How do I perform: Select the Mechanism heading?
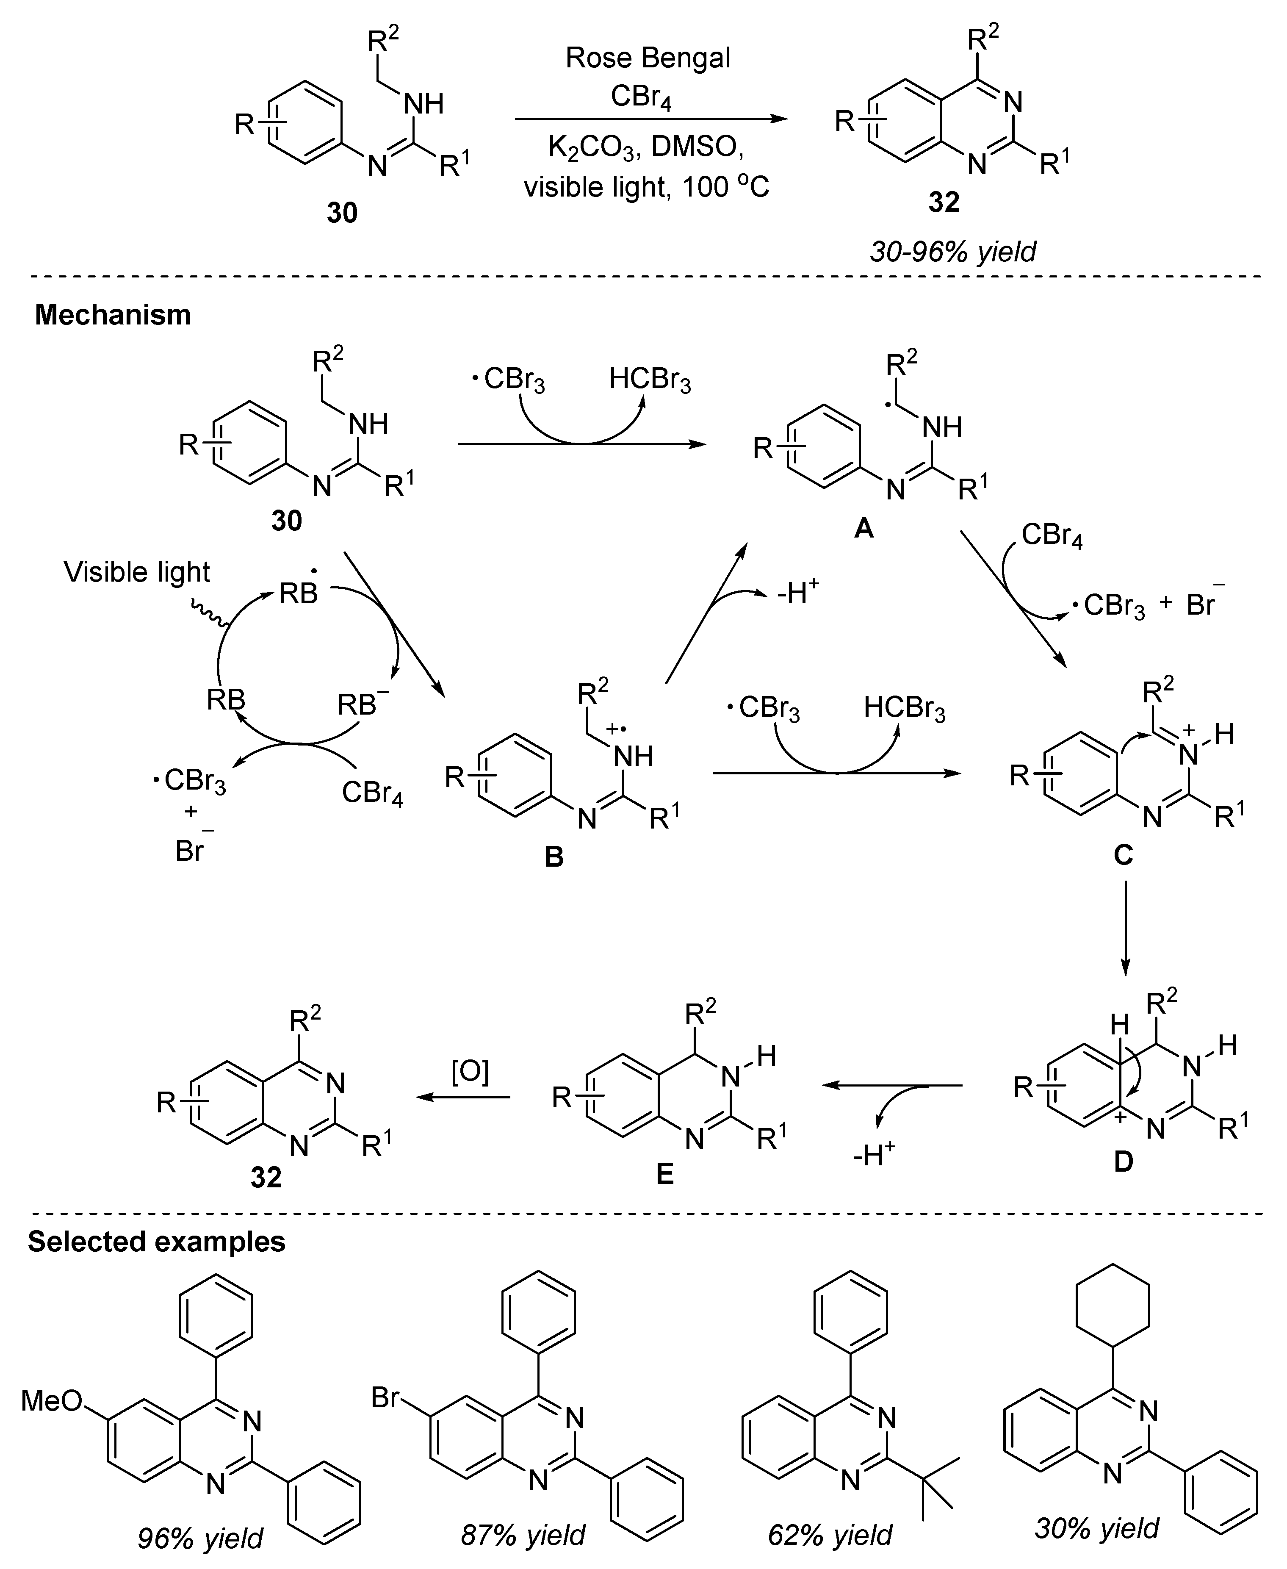click(113, 315)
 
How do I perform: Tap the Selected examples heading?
click(156, 1241)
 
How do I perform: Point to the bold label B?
click(554, 857)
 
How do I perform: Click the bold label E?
click(665, 1174)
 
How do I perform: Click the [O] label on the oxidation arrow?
click(470, 1071)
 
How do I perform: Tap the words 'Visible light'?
click(137, 572)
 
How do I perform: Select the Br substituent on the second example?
click(385, 1398)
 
